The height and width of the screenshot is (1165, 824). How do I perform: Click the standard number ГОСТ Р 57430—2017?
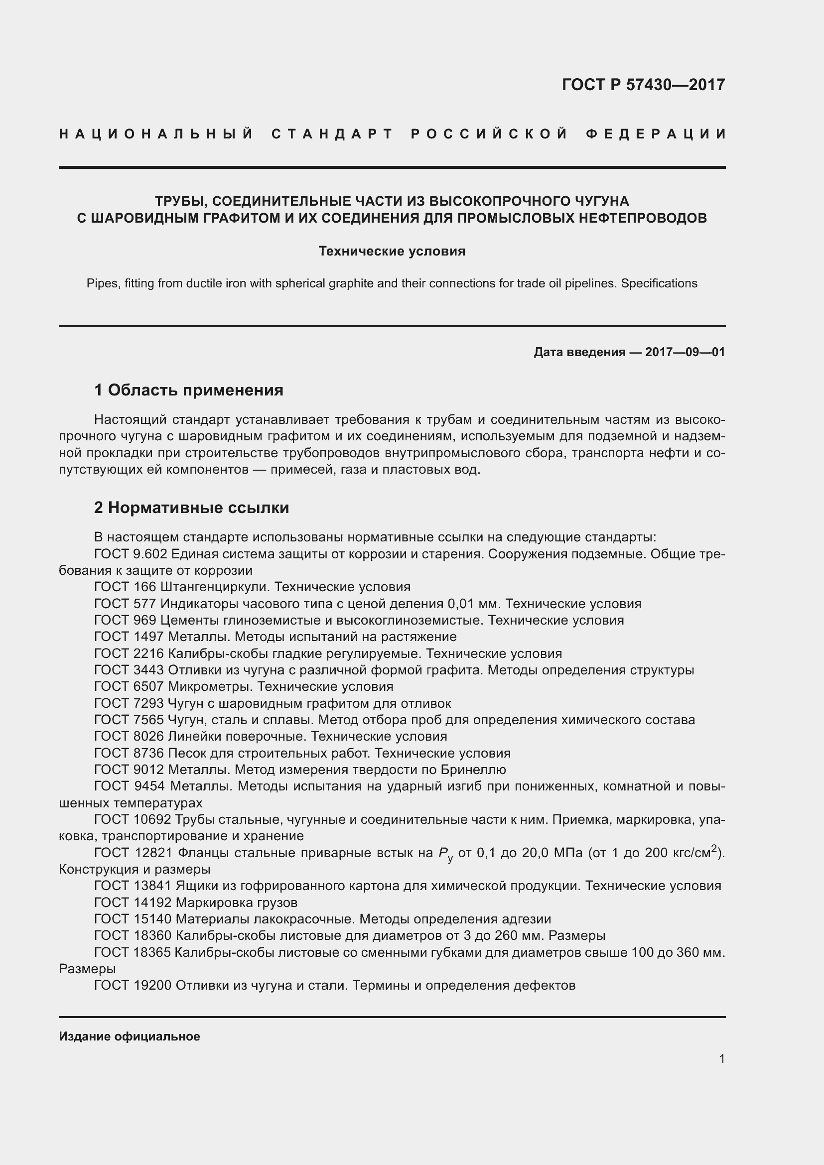(x=643, y=84)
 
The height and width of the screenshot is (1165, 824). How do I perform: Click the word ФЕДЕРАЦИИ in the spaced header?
(x=656, y=134)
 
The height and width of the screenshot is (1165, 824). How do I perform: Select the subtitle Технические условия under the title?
(x=392, y=251)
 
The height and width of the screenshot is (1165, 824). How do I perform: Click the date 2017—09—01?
(x=685, y=352)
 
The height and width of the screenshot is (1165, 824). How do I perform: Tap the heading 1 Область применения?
(x=188, y=390)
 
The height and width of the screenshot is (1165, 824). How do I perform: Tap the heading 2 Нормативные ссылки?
(x=191, y=508)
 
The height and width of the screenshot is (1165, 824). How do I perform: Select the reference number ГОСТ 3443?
(x=129, y=670)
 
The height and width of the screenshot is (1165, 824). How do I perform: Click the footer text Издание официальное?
(x=130, y=1036)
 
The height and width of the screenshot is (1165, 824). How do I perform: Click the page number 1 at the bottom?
(x=722, y=1058)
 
